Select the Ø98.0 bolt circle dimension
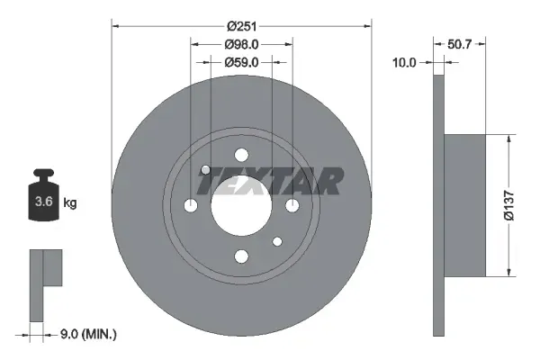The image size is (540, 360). pyautogui.click(x=241, y=44)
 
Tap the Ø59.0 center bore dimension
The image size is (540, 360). pyautogui.click(x=241, y=62)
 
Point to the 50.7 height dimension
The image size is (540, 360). pyautogui.click(x=466, y=43)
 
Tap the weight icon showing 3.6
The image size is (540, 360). pyautogui.click(x=44, y=199)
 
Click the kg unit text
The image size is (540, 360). pyautogui.click(x=70, y=203)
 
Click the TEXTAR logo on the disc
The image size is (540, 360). pyautogui.click(x=270, y=182)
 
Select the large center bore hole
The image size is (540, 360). pyautogui.click(x=240, y=205)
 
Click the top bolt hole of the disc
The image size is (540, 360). pyautogui.click(x=240, y=154)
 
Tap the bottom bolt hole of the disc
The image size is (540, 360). pyautogui.click(x=240, y=257)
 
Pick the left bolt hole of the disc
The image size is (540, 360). pyautogui.click(x=190, y=206)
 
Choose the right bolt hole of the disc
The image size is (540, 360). pyautogui.click(x=292, y=206)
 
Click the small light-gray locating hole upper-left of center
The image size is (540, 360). pyautogui.click(x=206, y=170)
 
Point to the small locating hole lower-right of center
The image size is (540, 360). pyautogui.click(x=277, y=241)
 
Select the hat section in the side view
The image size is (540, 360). pyautogui.click(x=465, y=205)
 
